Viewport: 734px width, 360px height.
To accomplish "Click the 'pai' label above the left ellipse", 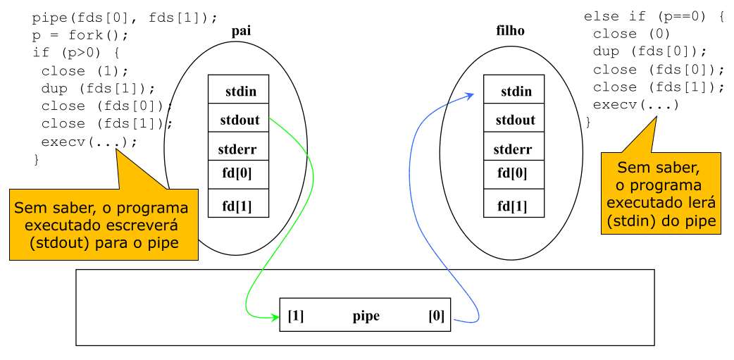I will click(241, 31).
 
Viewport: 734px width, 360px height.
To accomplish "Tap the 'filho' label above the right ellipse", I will click(510, 31).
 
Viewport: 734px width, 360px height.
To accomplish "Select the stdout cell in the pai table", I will click(240, 120).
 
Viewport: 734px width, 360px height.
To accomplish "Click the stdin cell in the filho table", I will click(516, 92).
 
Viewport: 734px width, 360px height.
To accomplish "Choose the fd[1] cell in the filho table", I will click(513, 206).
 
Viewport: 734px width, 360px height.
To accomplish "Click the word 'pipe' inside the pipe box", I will click(366, 316).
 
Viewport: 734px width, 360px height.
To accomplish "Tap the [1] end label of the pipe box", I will click(296, 316).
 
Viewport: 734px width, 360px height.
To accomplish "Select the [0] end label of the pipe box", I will click(437, 316).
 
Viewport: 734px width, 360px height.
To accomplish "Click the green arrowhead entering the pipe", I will click(275, 317).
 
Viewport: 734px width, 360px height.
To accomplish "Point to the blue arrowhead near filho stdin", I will click(470, 97).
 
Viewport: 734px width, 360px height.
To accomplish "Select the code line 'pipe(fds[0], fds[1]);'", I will click(125, 18).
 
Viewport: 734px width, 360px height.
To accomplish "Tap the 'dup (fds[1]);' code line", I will click(98, 88).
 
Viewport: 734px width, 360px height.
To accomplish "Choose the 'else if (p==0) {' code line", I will click(654, 16).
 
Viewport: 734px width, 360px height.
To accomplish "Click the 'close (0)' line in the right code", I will click(631, 34).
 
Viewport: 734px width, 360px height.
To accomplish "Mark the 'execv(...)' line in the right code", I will click(636, 105).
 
